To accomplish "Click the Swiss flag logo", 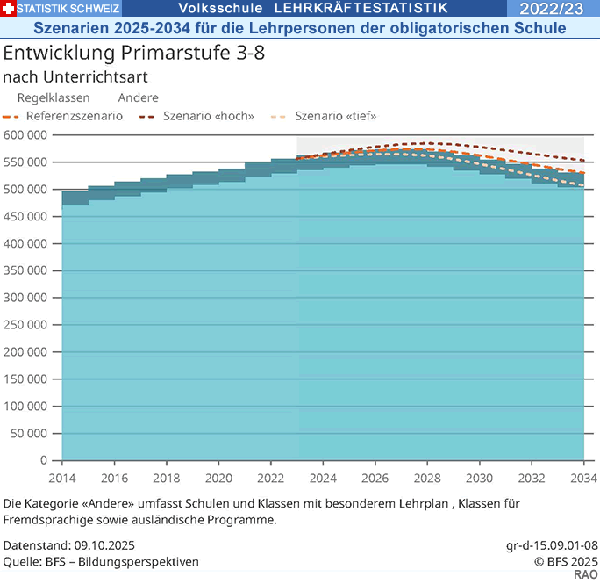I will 9,9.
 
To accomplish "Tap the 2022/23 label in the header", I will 563,9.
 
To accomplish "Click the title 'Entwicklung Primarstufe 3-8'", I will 134,52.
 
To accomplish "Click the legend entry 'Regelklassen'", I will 53,97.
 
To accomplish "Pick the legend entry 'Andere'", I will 138,97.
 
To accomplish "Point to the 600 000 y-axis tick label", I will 25,135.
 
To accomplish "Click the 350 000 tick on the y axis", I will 25,270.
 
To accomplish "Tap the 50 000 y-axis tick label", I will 28,433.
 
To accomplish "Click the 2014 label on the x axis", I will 62,478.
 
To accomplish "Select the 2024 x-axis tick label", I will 323,478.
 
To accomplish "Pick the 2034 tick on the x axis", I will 583,478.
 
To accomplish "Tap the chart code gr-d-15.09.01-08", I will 553,546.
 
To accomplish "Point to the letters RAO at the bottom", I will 586,574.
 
